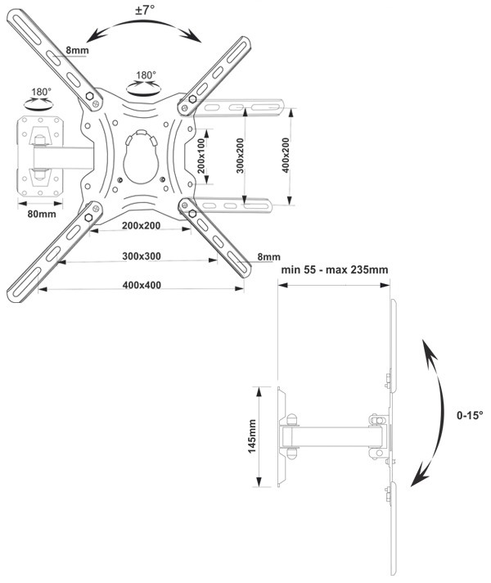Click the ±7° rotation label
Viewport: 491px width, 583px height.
(x=145, y=10)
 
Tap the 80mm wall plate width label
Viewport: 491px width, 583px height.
(x=42, y=214)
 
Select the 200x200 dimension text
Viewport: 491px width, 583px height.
(x=142, y=226)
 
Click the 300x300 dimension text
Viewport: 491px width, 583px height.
(x=142, y=256)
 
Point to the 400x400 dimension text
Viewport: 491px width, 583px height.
(x=142, y=285)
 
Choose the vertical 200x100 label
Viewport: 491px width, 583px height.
(x=201, y=156)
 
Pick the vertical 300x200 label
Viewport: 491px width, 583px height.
(x=241, y=156)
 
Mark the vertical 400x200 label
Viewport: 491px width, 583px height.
(x=286, y=156)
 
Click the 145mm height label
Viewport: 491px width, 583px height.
(x=252, y=436)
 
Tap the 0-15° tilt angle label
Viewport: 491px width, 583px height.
(x=470, y=415)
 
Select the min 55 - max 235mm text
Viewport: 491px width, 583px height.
(x=335, y=269)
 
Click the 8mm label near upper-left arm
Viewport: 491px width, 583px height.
(x=77, y=50)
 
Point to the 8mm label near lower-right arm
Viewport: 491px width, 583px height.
(x=268, y=256)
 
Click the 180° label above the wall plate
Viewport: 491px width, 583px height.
(x=41, y=92)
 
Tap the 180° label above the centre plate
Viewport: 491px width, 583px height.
(x=146, y=75)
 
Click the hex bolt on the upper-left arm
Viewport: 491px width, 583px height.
(x=89, y=96)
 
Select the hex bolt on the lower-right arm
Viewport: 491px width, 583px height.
(x=192, y=214)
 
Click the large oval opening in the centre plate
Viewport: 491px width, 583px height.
(x=142, y=157)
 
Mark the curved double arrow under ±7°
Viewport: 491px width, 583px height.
(x=144, y=21)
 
